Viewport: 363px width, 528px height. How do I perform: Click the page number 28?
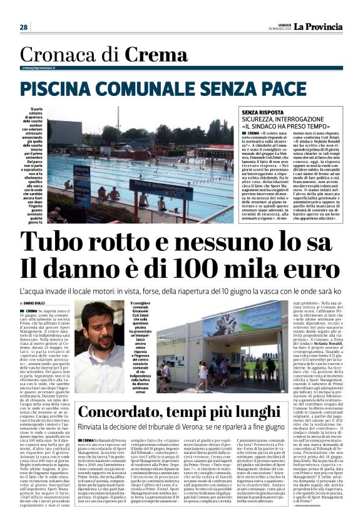(x=23, y=27)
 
